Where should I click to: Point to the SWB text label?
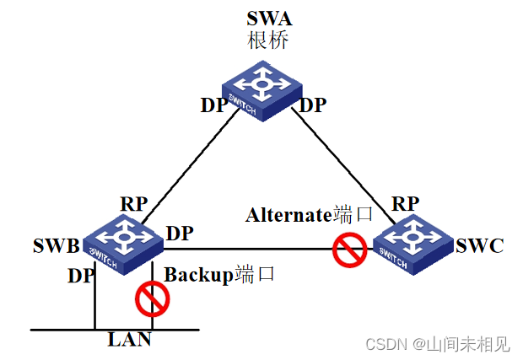(x=56, y=247)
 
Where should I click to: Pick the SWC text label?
(x=479, y=246)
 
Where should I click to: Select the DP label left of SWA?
(x=213, y=105)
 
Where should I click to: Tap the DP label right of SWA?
(x=313, y=105)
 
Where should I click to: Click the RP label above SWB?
(x=133, y=204)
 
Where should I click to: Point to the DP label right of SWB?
(x=179, y=232)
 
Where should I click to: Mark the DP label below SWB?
(x=81, y=275)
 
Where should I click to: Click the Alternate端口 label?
(x=309, y=215)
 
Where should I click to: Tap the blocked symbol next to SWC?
(x=348, y=250)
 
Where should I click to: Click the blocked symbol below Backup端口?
(x=153, y=298)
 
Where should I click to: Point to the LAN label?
(x=129, y=340)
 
